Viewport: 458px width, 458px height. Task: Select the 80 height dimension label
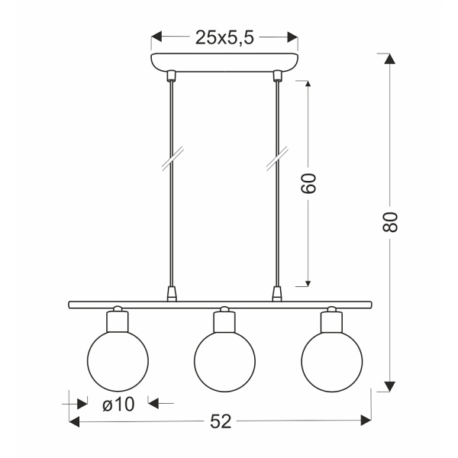(x=390, y=222)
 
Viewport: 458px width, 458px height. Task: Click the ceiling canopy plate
(x=224, y=62)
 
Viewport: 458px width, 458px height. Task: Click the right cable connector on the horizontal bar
(x=277, y=293)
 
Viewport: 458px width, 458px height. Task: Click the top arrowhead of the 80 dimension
(x=390, y=60)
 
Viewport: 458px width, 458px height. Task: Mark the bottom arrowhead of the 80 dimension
(x=390, y=385)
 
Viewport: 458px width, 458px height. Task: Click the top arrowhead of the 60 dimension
(x=308, y=83)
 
